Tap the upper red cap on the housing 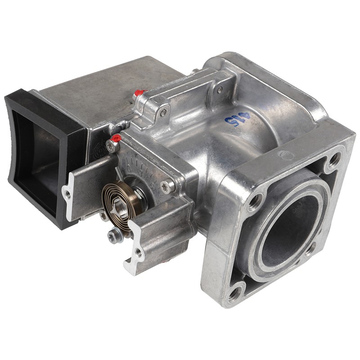tap(139, 93)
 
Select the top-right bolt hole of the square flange tap(333, 158)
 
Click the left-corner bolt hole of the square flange tap(255, 201)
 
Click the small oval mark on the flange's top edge tap(287, 156)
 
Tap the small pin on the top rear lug tap(219, 90)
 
